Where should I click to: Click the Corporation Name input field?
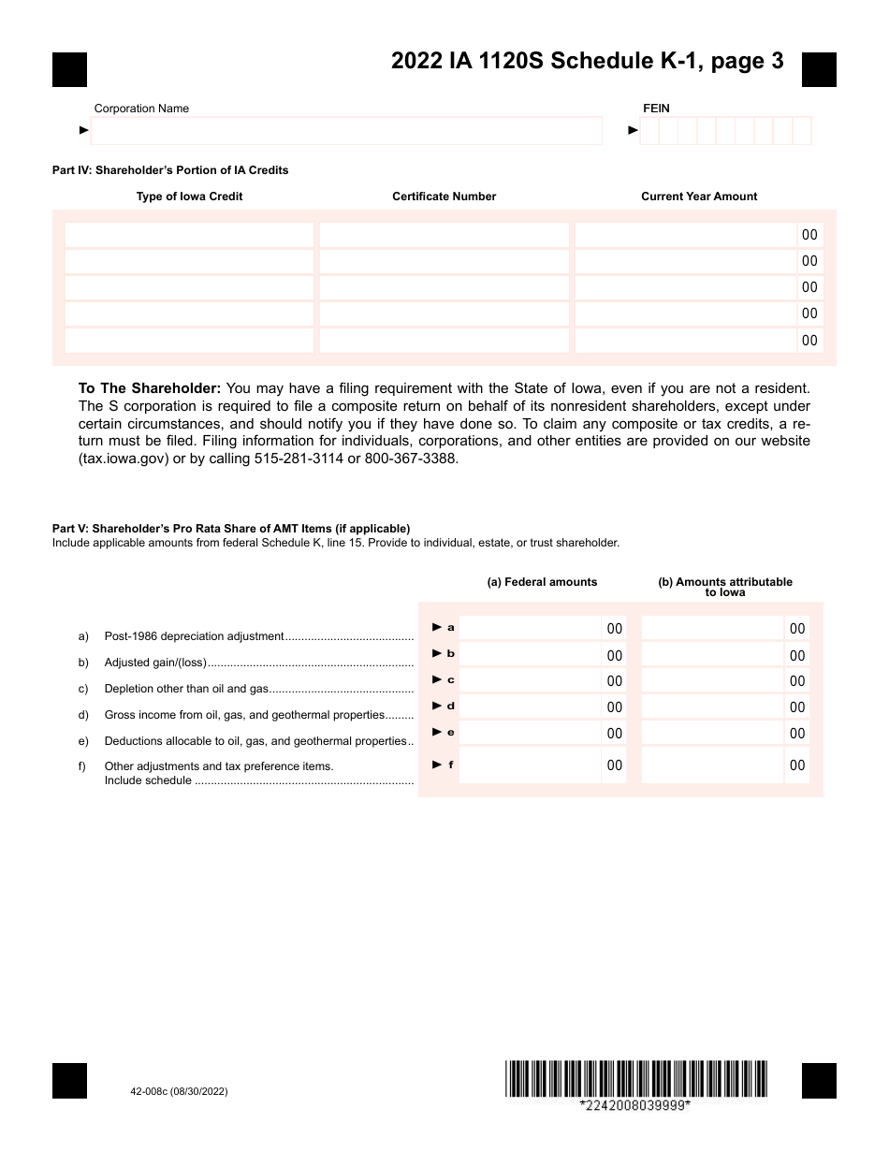346,131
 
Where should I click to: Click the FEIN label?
656,109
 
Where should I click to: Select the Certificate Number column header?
444,197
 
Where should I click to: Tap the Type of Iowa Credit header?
189,197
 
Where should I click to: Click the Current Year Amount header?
699,197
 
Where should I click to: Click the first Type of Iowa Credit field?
189,235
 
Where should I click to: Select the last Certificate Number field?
444,341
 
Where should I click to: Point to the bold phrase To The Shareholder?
150,388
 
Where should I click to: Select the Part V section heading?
231,529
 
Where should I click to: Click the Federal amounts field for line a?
530,628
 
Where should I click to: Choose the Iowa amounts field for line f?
712,765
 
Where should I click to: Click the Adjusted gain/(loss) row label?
155,663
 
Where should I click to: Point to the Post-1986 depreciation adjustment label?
194,636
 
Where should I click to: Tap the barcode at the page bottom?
635,1078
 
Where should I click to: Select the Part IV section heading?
170,170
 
